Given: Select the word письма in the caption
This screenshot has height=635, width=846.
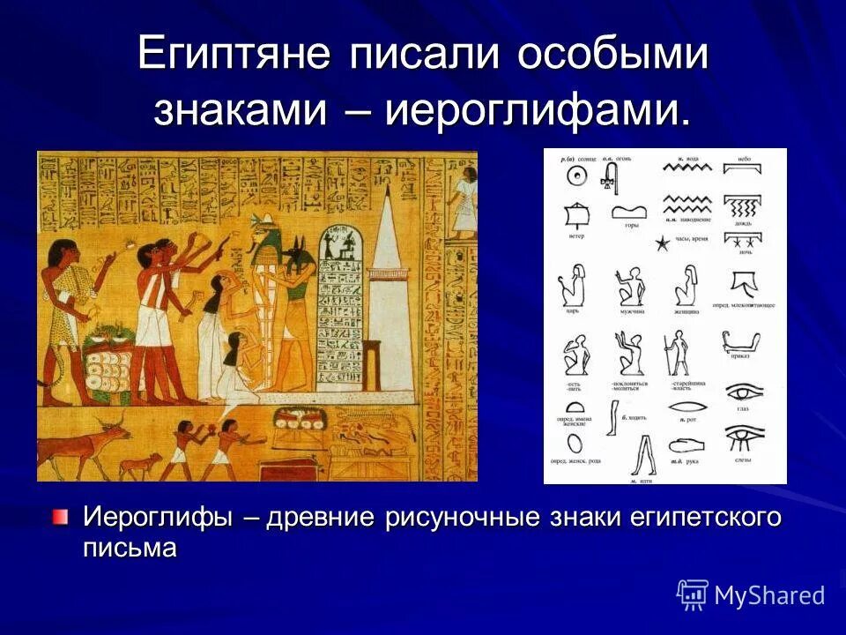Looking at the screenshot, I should [130, 548].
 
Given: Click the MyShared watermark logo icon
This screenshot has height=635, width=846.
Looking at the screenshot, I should [692, 595].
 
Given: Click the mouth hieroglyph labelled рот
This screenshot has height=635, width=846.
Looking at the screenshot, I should [687, 407].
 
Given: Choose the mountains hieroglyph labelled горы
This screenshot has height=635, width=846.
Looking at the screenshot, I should [629, 212].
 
